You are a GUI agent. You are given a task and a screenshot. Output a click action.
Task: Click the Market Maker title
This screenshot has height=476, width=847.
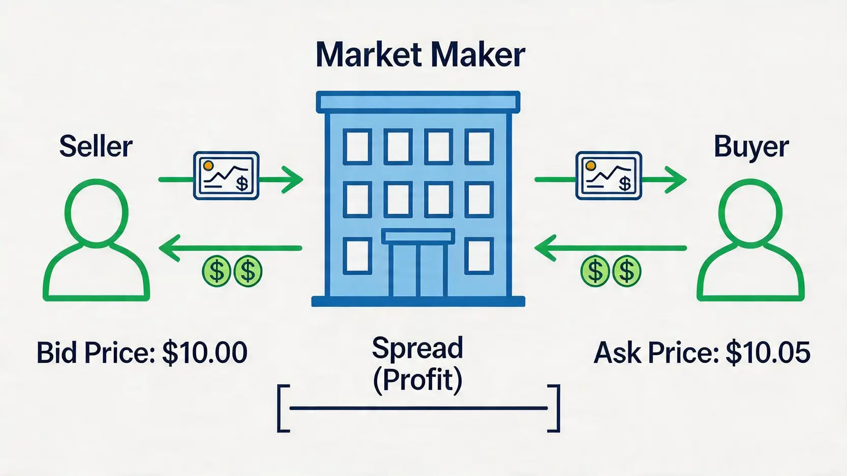point(420,55)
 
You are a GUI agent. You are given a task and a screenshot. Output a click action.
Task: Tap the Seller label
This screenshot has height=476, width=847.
point(96,146)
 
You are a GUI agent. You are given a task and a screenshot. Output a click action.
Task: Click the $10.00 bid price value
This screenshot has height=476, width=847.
point(205,353)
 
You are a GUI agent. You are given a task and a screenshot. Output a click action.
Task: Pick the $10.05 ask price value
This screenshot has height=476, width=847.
point(768,353)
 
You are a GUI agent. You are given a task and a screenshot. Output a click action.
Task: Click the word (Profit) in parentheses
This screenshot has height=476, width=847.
point(417,380)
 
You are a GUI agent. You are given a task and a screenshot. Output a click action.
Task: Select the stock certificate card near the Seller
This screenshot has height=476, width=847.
point(226,176)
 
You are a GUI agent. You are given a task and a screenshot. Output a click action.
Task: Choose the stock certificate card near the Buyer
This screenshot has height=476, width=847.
point(609,176)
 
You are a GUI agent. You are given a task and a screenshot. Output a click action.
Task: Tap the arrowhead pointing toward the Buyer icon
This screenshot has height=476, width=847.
point(676,179)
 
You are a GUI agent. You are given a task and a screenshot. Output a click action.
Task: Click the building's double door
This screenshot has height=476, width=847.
point(418,270)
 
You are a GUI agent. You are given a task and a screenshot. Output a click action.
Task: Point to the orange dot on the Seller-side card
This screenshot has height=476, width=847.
point(208,166)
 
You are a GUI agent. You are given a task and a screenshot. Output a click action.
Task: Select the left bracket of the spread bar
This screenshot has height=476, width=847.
point(283,408)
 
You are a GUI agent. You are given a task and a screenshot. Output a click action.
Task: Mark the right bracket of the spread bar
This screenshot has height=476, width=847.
point(554,408)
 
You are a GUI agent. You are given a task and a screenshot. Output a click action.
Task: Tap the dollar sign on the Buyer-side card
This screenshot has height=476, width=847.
point(625,184)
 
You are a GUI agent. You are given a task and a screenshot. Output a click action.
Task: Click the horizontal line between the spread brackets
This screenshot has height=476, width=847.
point(418,408)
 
